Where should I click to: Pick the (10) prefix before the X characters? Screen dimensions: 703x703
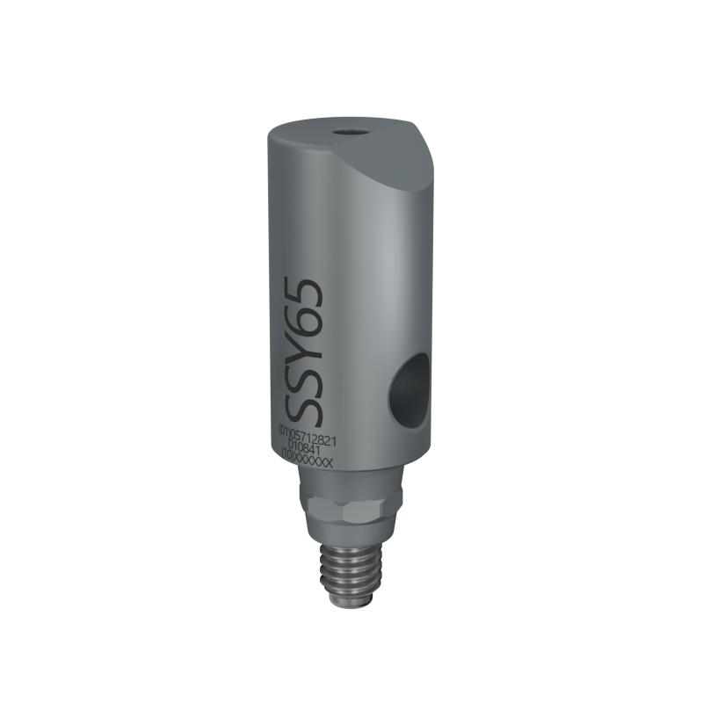click(x=286, y=457)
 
